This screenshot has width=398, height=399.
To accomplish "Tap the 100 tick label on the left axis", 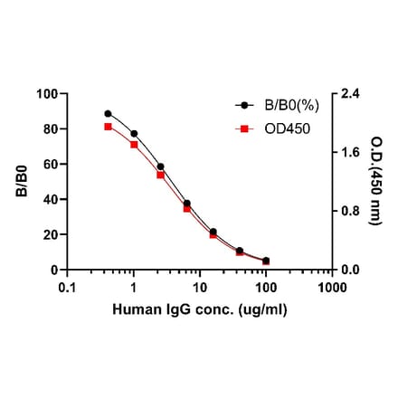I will pyautogui.click(x=46, y=93).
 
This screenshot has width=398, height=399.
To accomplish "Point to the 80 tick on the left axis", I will pyautogui.click(x=50, y=128).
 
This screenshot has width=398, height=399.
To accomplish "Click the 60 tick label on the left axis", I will pyautogui.click(x=50, y=164).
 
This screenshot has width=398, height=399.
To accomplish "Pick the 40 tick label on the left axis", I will pyautogui.click(x=50, y=199).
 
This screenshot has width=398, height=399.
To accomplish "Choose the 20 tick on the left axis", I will pyautogui.click(x=50, y=234).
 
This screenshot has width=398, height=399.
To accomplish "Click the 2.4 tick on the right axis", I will pyautogui.click(x=348, y=93).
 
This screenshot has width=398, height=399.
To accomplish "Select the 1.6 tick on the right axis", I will pyautogui.click(x=348, y=152).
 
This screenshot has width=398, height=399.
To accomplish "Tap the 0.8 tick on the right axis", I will pyautogui.click(x=348, y=211).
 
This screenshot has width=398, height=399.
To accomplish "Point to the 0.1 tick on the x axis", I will pyautogui.click(x=67, y=288).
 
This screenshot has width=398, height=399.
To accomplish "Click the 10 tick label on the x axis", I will pyautogui.click(x=199, y=288).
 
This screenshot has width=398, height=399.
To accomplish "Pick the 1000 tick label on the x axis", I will pyautogui.click(x=331, y=288).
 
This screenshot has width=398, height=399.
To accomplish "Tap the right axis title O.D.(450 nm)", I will pyautogui.click(x=375, y=181).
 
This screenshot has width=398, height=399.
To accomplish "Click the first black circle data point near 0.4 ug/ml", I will pyautogui.click(x=108, y=114).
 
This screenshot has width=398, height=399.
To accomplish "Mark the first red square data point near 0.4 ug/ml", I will pyautogui.click(x=108, y=127).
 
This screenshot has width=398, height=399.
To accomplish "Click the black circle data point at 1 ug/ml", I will pyautogui.click(x=134, y=134).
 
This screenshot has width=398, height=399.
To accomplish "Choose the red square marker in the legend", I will pyautogui.click(x=242, y=128).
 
